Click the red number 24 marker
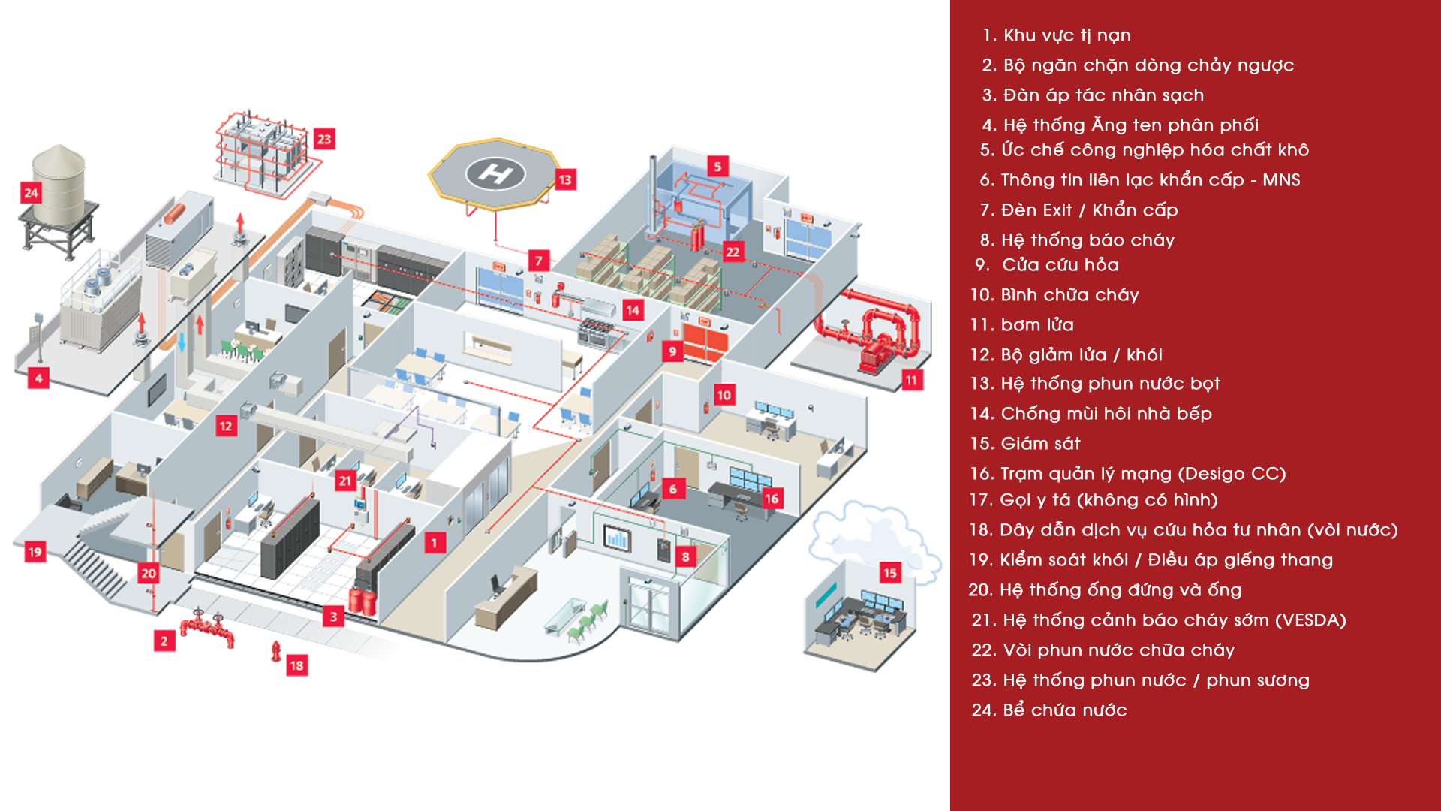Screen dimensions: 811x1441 pyautogui.click(x=31, y=193)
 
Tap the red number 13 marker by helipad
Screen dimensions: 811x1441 pyautogui.click(x=565, y=179)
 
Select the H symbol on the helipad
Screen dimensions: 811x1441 pyautogui.click(x=495, y=174)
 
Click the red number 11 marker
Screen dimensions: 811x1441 pyautogui.click(x=911, y=380)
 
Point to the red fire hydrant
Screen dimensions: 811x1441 pyautogui.click(x=276, y=650)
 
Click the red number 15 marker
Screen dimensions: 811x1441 pyautogui.click(x=890, y=573)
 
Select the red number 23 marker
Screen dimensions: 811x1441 pyautogui.click(x=324, y=139)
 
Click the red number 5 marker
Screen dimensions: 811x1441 pyautogui.click(x=717, y=167)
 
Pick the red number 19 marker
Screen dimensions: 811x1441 pyautogui.click(x=35, y=552)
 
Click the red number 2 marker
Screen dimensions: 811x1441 pyautogui.click(x=164, y=641)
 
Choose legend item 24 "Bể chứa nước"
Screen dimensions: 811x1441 pyautogui.click(x=1049, y=710)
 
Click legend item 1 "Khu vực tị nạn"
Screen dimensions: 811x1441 pyautogui.click(x=1057, y=35)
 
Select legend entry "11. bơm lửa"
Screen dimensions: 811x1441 pyautogui.click(x=1022, y=324)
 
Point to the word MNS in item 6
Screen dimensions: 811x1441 pyautogui.click(x=1281, y=179)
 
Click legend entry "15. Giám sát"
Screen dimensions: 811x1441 pyautogui.click(x=1025, y=443)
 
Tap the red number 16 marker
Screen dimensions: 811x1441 pyautogui.click(x=772, y=499)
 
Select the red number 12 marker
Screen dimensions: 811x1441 pyautogui.click(x=226, y=427)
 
